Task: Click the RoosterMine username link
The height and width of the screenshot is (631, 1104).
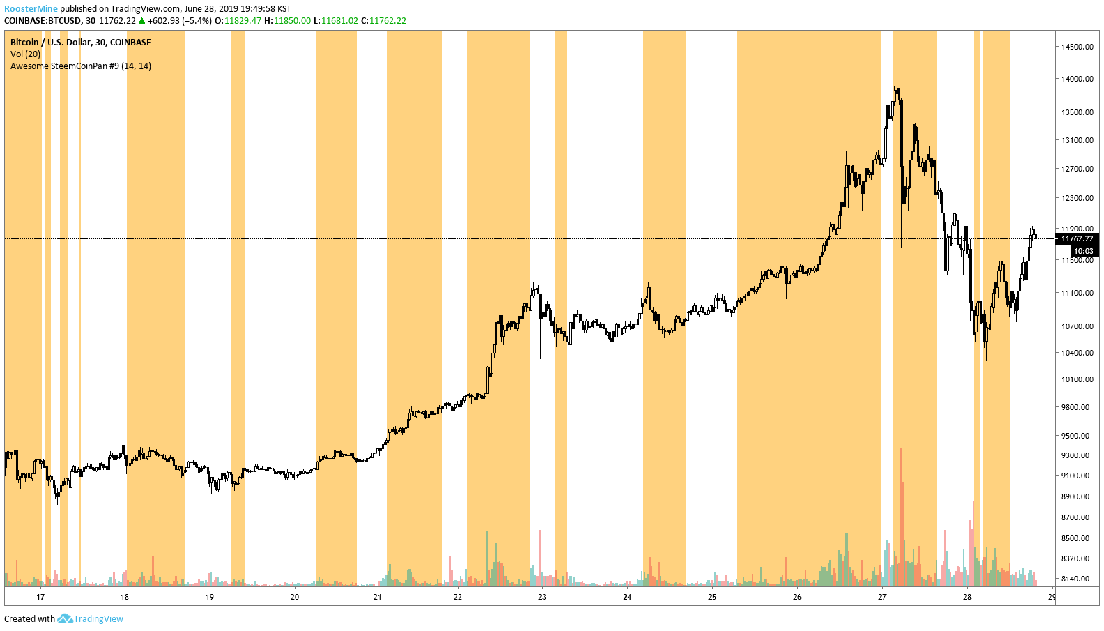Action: point(31,9)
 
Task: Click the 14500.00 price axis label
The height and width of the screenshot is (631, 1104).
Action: point(1077,47)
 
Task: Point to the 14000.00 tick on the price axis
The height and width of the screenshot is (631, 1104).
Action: point(1077,79)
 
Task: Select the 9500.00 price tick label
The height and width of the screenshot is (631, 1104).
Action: point(1077,436)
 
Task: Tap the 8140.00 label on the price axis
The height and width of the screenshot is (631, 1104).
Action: point(1077,579)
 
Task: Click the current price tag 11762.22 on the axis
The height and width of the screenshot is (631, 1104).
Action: point(1078,238)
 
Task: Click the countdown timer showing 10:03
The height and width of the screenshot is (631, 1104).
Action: point(1083,251)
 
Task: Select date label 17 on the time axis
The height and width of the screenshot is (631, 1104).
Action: point(40,597)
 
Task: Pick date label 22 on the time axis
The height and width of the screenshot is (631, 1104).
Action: point(458,597)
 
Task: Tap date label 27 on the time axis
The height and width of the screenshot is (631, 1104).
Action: point(882,597)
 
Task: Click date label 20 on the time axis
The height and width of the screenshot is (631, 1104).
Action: point(295,597)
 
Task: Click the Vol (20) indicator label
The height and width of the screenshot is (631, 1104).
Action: point(25,54)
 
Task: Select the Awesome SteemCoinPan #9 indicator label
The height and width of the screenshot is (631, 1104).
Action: point(80,66)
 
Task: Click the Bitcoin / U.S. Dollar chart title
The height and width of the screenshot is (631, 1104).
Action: point(80,43)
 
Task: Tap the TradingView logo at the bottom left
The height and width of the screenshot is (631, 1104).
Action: point(91,619)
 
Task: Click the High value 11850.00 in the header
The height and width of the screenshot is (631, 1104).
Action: point(292,21)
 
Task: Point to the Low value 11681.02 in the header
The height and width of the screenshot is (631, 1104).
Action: point(339,21)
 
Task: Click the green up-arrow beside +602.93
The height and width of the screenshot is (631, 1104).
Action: point(142,21)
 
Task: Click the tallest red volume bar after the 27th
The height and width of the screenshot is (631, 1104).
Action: point(901,516)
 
